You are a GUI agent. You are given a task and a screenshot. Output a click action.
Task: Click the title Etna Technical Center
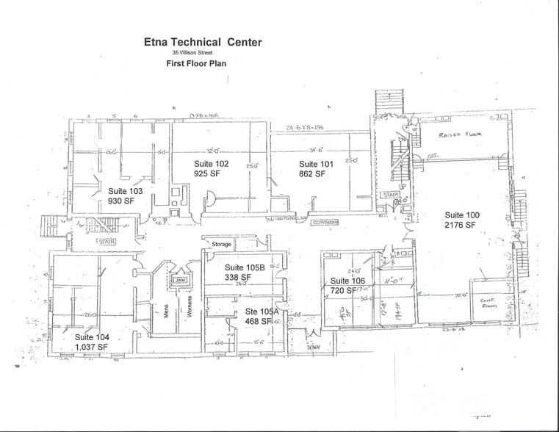(202, 42)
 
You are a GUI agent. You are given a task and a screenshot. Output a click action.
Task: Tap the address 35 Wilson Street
(197, 53)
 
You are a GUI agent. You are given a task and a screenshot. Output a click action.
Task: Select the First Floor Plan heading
(196, 64)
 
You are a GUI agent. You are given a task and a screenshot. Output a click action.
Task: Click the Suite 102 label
(212, 163)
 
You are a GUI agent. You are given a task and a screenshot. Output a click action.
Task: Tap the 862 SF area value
(311, 174)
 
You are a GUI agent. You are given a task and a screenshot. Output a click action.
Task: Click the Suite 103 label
(126, 190)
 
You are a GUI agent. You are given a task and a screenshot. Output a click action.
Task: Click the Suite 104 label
(93, 337)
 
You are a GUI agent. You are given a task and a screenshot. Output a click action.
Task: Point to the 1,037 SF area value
(92, 347)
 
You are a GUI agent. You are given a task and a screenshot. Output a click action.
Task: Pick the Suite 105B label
(245, 267)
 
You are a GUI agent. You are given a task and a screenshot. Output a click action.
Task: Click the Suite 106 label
(347, 281)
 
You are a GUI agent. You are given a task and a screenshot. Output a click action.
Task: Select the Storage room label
(221, 244)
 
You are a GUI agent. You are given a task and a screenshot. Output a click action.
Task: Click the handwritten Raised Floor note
(459, 135)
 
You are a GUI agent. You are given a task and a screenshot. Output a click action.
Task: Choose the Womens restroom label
(189, 309)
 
